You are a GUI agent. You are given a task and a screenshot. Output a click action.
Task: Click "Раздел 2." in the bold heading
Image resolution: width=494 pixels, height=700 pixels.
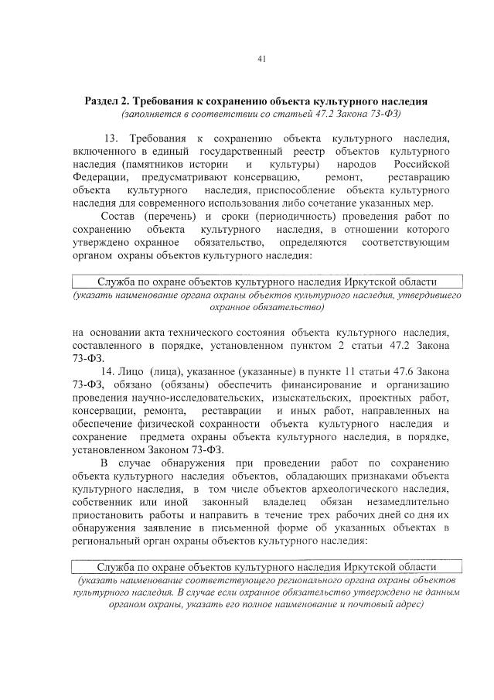[x=108, y=102]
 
